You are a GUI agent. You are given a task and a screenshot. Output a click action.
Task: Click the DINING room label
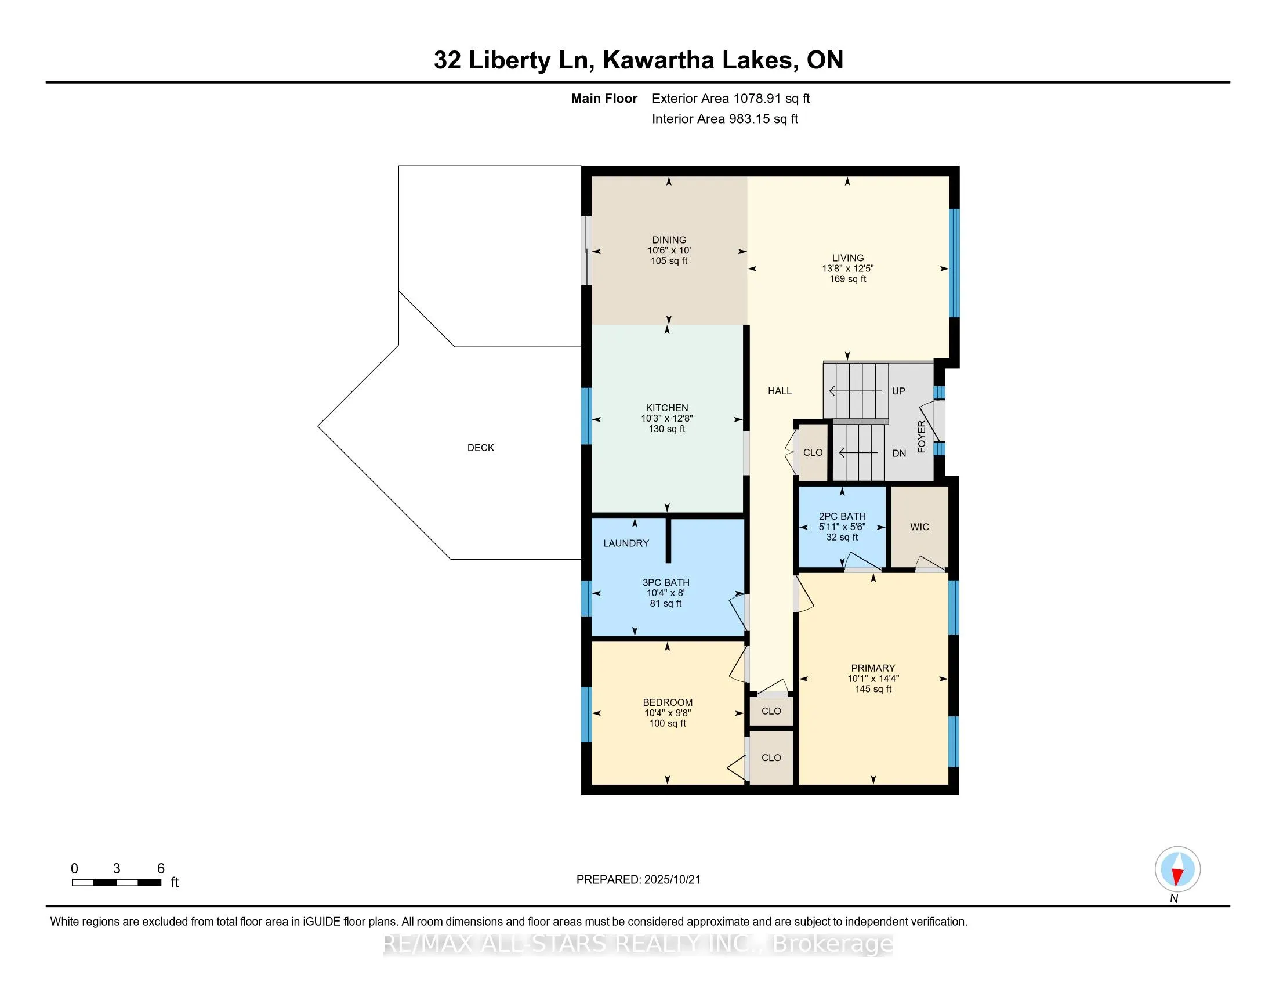669,240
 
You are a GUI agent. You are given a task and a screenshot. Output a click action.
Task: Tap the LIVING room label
848,258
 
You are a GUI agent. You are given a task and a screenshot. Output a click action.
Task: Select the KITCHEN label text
666,408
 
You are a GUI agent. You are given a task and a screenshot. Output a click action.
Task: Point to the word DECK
481,447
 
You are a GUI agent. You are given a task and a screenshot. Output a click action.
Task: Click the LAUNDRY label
626,543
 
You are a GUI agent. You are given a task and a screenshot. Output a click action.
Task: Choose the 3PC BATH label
666,582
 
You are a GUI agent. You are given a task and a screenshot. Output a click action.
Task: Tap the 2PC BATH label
842,516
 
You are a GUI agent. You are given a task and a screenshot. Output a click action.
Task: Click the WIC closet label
920,527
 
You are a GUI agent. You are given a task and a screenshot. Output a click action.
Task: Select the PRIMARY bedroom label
873,668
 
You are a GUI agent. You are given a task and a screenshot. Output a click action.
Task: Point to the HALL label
780,391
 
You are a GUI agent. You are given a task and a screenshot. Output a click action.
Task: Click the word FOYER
922,436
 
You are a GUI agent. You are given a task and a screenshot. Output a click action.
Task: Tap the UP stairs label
898,391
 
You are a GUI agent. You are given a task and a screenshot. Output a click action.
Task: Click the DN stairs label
899,454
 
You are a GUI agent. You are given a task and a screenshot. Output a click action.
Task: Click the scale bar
117,883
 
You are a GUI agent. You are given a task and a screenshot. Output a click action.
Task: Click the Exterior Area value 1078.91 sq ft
772,99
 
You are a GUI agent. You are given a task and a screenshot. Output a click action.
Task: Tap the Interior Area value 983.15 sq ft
763,119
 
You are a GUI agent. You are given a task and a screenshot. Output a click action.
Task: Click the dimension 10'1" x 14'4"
873,679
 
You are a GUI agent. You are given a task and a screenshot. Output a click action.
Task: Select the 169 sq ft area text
848,279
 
